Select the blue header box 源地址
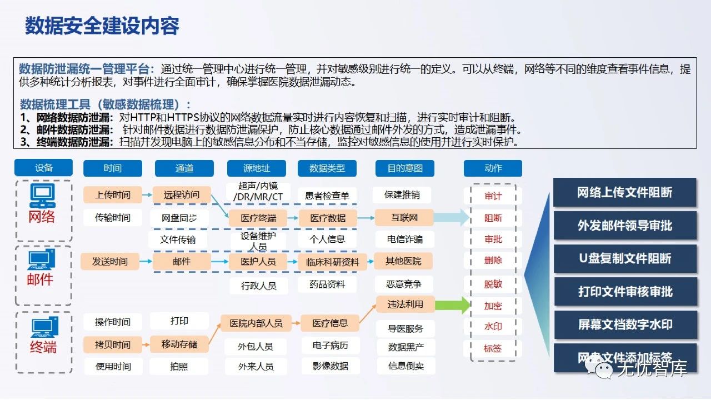(256, 168)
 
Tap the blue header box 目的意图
(404, 168)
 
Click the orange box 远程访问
(182, 194)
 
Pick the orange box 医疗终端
(258, 218)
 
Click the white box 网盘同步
(178, 218)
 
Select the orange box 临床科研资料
(333, 262)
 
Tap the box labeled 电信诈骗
(405, 239)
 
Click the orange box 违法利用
(405, 304)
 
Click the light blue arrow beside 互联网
(452, 218)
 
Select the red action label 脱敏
(493, 284)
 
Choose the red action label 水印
(493, 327)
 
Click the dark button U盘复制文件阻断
(625, 258)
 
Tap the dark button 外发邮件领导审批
(625, 226)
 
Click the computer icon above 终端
(44, 327)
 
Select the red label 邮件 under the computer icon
(41, 279)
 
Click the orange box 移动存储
(179, 344)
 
